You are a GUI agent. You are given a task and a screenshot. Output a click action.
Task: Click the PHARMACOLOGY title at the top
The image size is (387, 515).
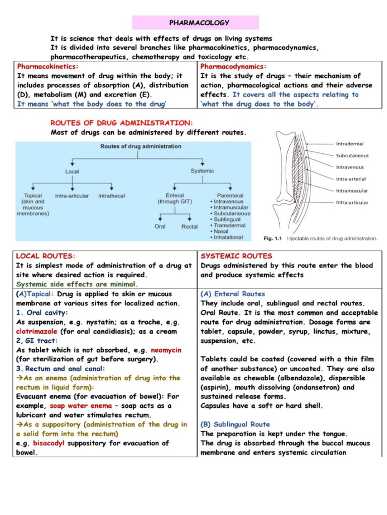196,23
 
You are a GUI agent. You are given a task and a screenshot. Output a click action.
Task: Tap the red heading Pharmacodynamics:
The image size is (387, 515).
233,66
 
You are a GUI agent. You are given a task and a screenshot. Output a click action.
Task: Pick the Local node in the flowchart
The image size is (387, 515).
72,171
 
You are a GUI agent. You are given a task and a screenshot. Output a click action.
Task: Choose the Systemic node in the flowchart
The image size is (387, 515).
202,171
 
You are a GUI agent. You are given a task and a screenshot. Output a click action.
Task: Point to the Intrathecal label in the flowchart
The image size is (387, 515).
111,196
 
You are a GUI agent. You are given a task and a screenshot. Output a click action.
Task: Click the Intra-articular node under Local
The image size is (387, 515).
72,196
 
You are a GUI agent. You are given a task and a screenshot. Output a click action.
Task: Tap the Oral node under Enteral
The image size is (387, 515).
160,227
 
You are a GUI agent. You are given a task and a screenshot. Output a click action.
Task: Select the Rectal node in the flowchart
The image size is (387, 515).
189,227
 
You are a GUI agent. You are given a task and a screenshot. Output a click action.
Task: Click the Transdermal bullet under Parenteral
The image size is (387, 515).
231,226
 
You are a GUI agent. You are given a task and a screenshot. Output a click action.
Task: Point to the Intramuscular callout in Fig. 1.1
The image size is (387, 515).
352,191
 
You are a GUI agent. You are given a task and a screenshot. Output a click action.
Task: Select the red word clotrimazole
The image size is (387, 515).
37,332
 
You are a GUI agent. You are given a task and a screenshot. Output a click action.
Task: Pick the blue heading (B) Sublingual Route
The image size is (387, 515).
235,424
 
